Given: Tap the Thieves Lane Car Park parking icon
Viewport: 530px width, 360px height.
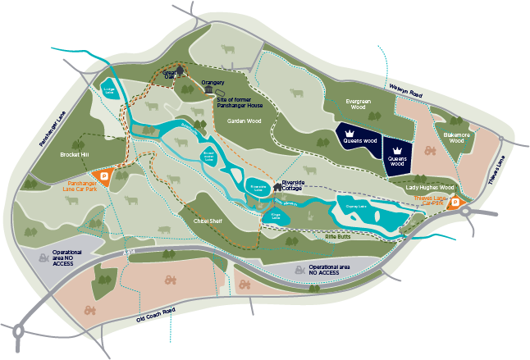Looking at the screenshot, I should click(457, 205).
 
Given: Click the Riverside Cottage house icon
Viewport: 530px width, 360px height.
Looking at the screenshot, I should click(277, 186).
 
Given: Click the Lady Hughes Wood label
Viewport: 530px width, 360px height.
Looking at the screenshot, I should click(429, 188).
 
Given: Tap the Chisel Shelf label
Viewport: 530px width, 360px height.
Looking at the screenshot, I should click(209, 221).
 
